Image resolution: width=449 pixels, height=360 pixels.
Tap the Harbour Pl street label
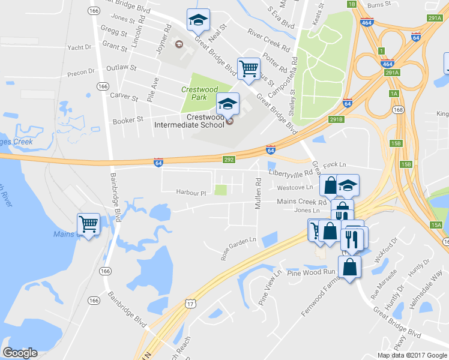pos(191,193)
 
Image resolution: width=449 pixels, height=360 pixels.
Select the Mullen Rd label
pos(258,193)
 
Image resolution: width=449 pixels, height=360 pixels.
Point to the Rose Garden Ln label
pos(238,248)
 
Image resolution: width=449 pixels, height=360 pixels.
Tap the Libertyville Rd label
pos(291,172)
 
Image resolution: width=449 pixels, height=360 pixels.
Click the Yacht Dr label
pos(79,47)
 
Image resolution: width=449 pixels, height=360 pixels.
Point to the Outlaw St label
pos(118,68)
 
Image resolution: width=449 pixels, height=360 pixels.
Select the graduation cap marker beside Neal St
pos(197,20)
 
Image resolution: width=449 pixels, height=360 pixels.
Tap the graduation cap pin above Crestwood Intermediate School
pos(227,104)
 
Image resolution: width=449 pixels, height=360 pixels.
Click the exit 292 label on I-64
pos(229,160)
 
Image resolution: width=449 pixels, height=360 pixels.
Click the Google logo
pos(20,353)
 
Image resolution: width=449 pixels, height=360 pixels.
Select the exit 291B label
pos(337,119)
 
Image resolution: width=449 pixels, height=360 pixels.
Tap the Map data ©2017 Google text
pos(412,355)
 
